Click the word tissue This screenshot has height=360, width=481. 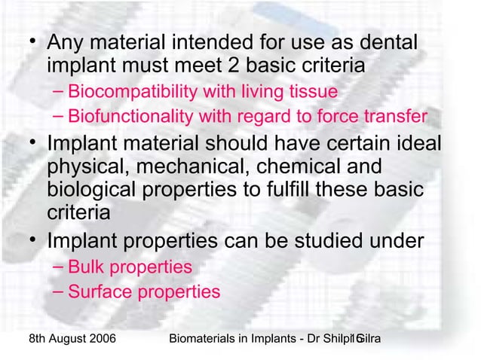[x=310, y=93]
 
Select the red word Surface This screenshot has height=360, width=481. [x=98, y=291]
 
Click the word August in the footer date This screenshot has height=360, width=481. [x=56, y=340]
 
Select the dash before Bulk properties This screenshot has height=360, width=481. [x=60, y=267]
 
